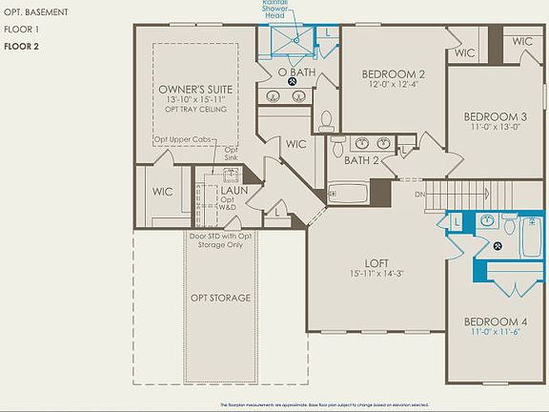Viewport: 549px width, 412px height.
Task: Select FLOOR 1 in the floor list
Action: tap(19, 30)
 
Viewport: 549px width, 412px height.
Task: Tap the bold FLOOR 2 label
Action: tap(20, 46)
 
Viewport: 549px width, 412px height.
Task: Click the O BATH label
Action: tap(296, 72)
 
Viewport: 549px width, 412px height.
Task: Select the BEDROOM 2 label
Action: tap(394, 74)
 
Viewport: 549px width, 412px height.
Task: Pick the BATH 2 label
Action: tap(362, 160)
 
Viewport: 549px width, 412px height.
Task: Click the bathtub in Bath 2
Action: tap(348, 194)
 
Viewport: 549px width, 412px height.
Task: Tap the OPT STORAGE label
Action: tap(221, 298)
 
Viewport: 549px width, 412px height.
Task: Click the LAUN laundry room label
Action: tap(234, 190)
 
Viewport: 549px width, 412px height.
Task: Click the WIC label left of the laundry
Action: tap(163, 191)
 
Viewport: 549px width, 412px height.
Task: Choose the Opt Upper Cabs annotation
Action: tap(184, 139)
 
